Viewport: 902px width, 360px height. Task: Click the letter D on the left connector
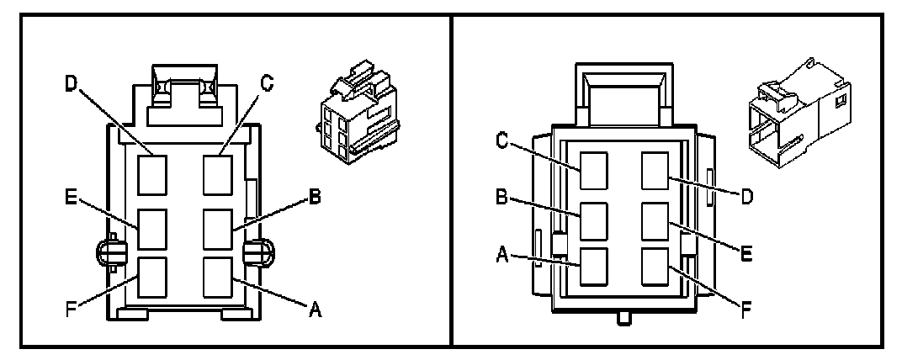[x=71, y=83]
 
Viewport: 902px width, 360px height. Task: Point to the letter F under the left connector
[x=72, y=308]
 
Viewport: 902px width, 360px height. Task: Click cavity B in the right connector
[x=593, y=221]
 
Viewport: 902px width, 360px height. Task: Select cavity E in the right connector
[x=655, y=221]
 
